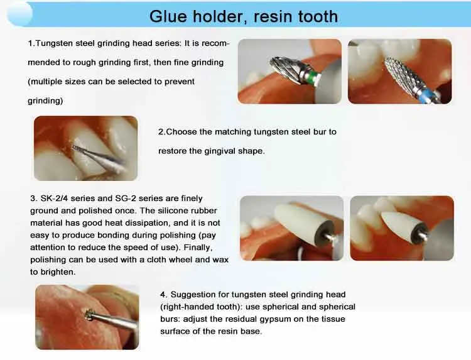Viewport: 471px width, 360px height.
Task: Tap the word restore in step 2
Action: [173, 151]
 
